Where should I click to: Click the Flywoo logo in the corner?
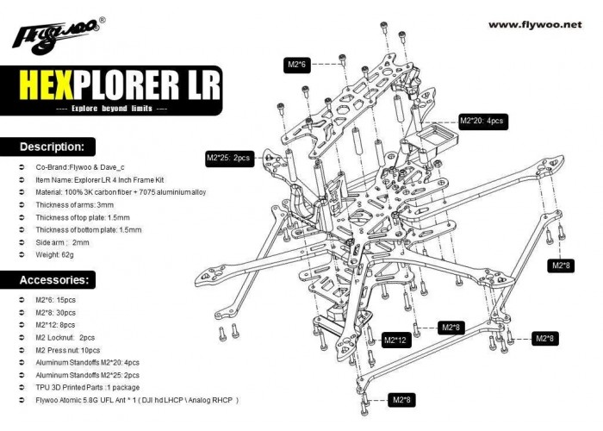tap(59, 35)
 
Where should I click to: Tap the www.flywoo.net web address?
tap(535, 25)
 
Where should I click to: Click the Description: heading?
tap(52, 147)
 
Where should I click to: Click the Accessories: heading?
tap(53, 280)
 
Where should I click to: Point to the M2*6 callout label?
tap(297, 65)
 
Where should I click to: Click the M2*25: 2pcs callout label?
tap(229, 158)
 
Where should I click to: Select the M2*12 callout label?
tap(395, 340)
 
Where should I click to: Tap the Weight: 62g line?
tap(54, 255)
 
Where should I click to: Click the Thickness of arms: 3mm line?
tap(75, 205)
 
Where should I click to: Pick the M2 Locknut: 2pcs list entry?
tap(65, 338)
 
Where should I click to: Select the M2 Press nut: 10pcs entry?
tap(68, 350)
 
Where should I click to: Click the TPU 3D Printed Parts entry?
tap(88, 388)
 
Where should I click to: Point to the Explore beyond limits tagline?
tap(111, 109)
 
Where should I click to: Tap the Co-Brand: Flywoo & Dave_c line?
tap(80, 167)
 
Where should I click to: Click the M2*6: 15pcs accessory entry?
tap(56, 300)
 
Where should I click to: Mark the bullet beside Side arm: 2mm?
tap(22, 242)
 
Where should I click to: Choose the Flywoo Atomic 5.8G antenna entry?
tap(137, 400)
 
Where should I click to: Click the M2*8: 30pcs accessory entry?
tap(56, 312)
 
